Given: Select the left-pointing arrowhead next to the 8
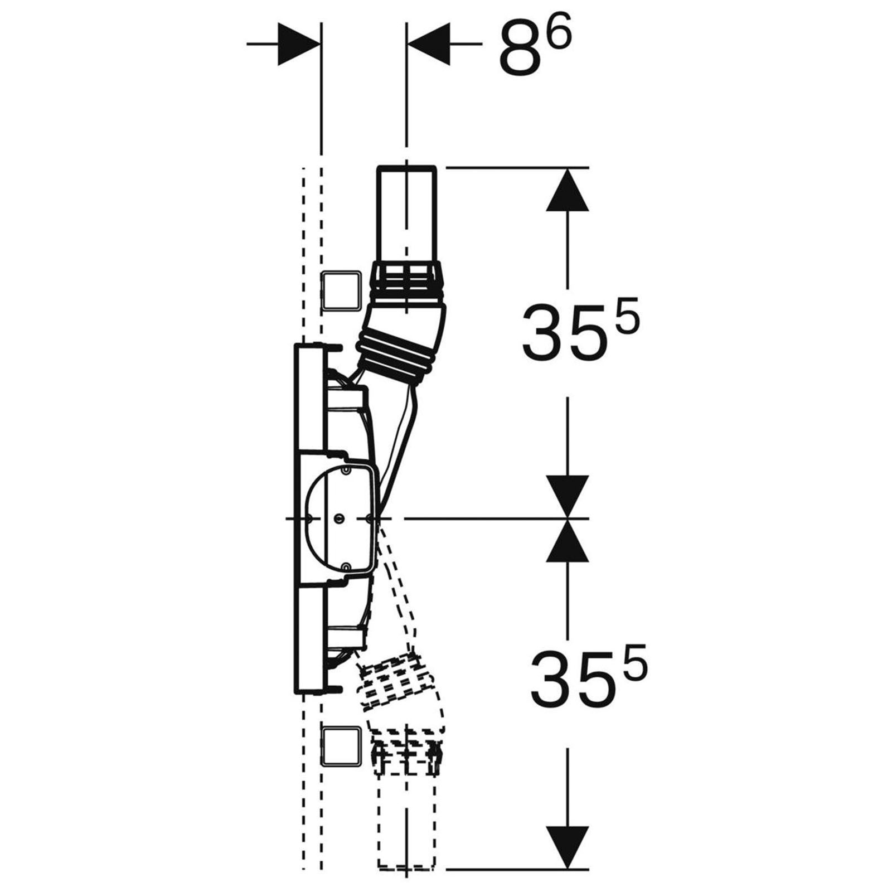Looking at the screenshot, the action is click(x=429, y=43).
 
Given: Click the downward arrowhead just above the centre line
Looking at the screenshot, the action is click(x=568, y=497).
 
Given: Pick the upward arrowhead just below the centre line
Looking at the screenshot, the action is click(x=568, y=540).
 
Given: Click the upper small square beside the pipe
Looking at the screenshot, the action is click(x=342, y=291).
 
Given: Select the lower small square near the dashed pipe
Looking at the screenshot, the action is click(x=342, y=746).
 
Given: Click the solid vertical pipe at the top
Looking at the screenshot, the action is click(x=407, y=215).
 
